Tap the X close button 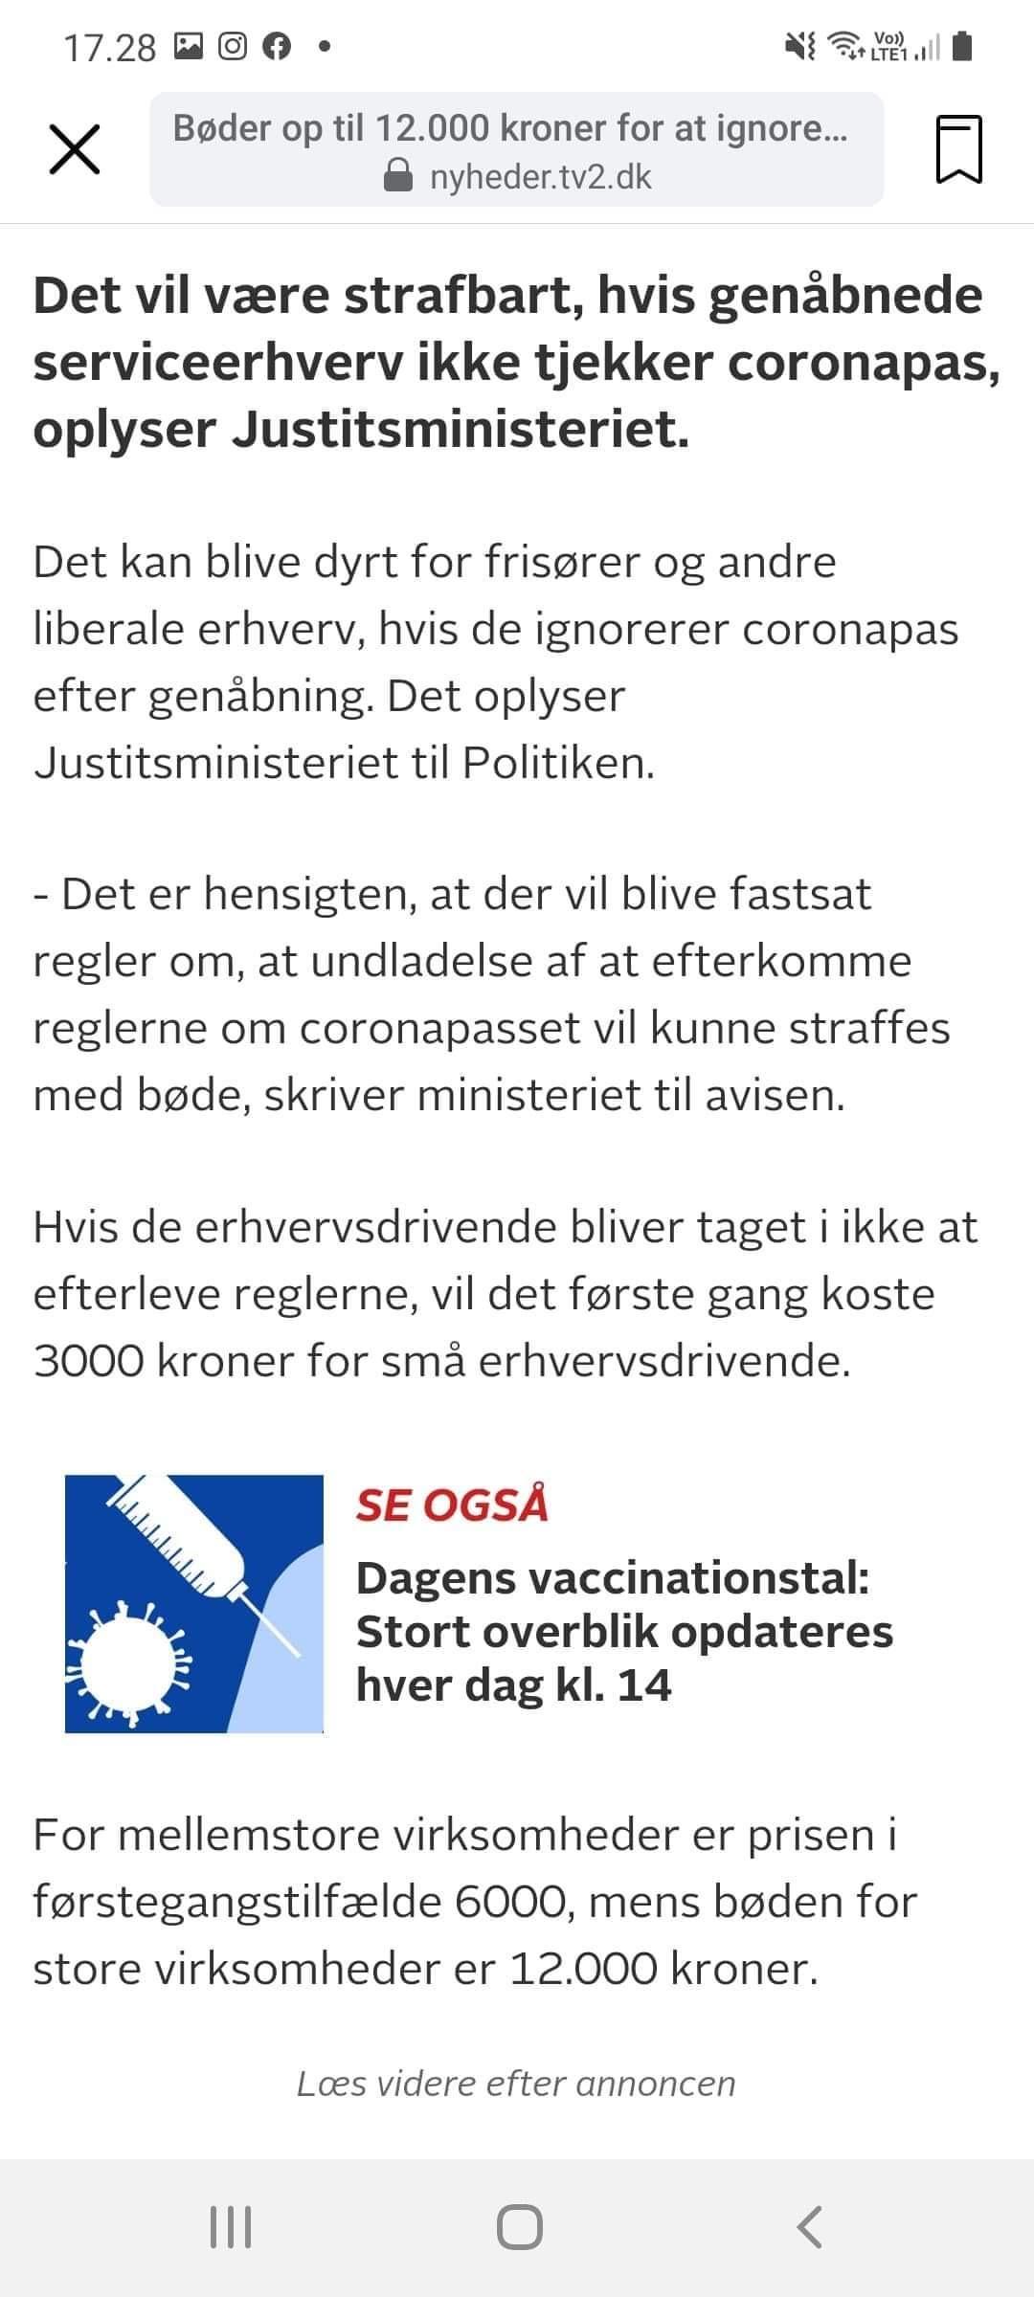coord(74,150)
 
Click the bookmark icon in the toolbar coord(958,149)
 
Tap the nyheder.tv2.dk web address coord(540,177)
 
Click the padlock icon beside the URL coord(397,176)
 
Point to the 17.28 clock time coord(109,47)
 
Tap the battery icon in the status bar coord(963,46)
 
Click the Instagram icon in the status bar coord(233,46)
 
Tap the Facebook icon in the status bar coord(277,46)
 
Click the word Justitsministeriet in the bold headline coord(461,430)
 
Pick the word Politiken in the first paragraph coord(558,763)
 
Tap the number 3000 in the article coord(88,1360)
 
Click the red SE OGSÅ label coord(452,1505)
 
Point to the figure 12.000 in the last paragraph coord(583,1969)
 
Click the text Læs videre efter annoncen coord(516,2084)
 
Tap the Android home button coord(519,2227)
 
